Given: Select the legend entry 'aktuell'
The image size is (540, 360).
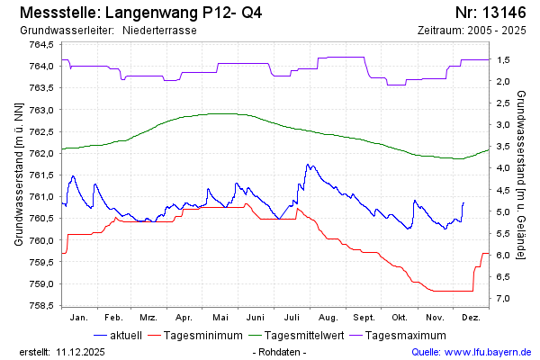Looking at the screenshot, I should point(125,336).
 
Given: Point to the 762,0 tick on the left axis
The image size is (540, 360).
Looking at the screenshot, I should point(40,153).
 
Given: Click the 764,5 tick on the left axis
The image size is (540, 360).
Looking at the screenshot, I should point(40,45).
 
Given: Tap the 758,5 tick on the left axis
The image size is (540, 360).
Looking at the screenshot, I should point(40,305).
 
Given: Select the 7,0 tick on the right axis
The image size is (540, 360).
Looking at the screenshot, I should point(504,299).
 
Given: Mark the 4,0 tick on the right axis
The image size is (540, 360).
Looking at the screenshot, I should point(504,168).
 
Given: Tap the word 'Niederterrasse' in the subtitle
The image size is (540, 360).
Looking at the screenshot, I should point(159,31).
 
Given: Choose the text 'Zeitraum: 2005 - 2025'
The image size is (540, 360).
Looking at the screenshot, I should point(472,31).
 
